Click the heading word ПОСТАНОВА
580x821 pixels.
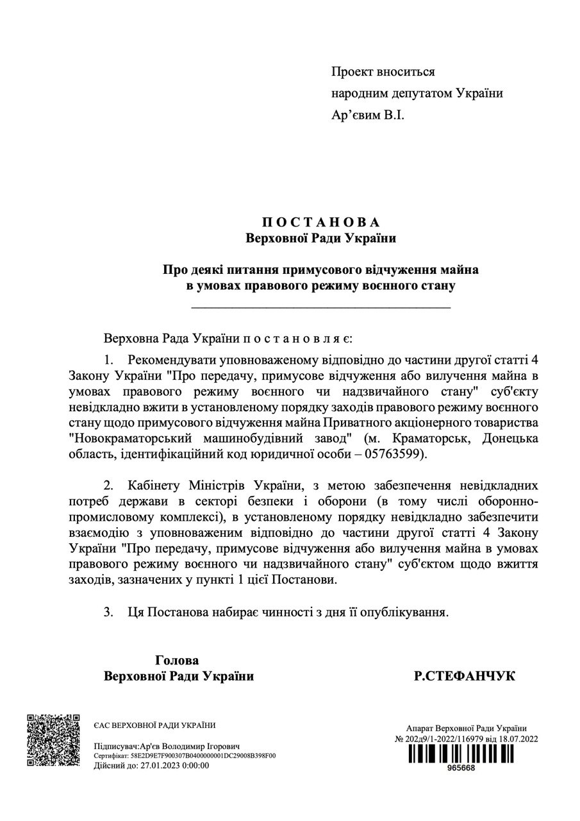pyautogui.click(x=320, y=222)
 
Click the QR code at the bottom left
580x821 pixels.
pyautogui.click(x=53, y=740)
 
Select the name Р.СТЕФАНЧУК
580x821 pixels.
pyautogui.click(x=465, y=676)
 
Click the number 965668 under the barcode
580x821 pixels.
pyautogui.click(x=461, y=769)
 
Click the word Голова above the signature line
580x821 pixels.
pyautogui.click(x=177, y=660)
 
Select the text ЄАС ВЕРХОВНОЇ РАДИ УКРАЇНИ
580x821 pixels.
pyautogui.click(x=154, y=725)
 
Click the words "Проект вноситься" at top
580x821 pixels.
pyautogui.click(x=383, y=72)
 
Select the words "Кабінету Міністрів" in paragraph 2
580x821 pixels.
pyautogui.click(x=190, y=486)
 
